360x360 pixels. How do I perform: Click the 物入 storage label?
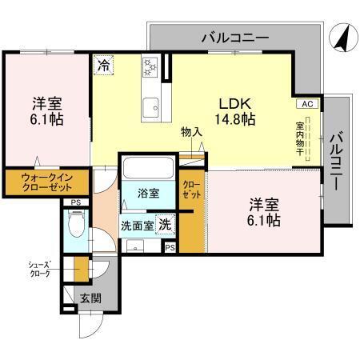click(190, 132)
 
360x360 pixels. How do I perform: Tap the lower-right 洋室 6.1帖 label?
click(262, 211)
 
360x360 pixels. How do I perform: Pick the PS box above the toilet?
click(74, 203)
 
